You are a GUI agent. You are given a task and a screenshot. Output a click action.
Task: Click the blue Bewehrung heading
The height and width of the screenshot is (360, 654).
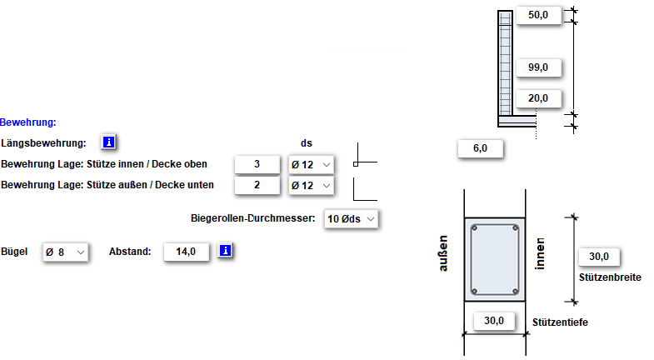click(x=28, y=122)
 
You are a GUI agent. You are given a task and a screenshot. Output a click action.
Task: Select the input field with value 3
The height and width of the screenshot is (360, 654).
click(x=257, y=164)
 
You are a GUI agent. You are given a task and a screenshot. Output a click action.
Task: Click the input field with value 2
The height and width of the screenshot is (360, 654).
click(x=257, y=185)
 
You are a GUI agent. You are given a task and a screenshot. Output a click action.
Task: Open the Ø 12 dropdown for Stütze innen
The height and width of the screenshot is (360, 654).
click(x=311, y=164)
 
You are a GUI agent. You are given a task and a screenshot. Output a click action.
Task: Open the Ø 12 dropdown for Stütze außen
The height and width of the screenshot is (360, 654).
click(x=311, y=185)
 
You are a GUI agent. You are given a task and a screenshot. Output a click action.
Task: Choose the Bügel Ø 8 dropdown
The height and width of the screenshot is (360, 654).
click(x=65, y=251)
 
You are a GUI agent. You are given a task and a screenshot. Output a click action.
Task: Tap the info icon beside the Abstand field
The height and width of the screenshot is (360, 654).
click(x=226, y=251)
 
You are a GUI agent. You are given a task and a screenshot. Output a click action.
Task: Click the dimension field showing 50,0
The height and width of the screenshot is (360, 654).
click(x=538, y=15)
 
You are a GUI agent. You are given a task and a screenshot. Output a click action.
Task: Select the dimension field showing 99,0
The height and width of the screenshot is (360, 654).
click(x=538, y=67)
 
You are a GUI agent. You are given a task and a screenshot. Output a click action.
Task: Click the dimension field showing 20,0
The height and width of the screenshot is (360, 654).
click(x=538, y=98)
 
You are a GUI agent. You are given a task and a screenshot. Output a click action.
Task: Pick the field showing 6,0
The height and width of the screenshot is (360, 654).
click(x=480, y=148)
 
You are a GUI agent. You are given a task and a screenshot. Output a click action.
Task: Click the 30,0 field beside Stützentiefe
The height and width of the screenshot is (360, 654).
click(x=495, y=321)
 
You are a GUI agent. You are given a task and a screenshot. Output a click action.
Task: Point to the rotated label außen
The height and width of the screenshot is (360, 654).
click(x=444, y=253)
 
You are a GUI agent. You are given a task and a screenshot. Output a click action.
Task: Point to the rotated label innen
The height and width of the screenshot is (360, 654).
click(x=541, y=253)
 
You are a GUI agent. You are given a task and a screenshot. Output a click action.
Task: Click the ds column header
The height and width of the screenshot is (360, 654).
click(x=307, y=143)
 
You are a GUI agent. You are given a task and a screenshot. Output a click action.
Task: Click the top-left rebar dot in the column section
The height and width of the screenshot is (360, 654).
click(x=473, y=227)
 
